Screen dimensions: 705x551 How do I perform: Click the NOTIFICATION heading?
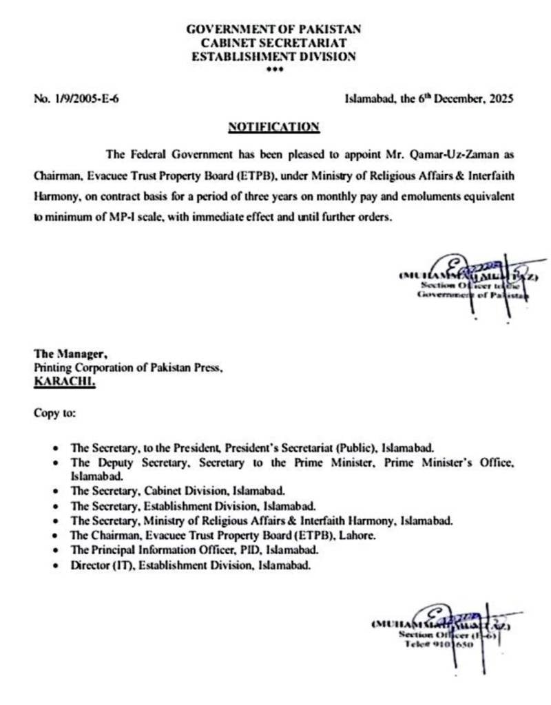pyautogui.click(x=273, y=127)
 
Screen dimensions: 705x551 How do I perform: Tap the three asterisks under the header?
pyautogui.click(x=273, y=70)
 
